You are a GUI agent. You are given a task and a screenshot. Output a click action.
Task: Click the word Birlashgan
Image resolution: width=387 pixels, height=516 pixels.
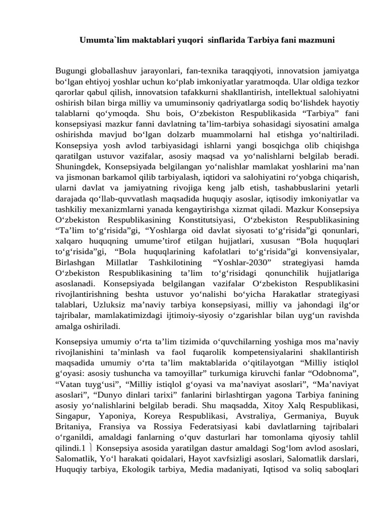coord(76,263)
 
